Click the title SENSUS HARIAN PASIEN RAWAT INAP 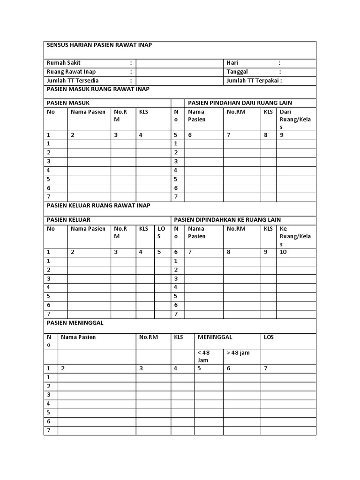pos(99,45)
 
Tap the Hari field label pos(232,63)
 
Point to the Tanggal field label pos(237,72)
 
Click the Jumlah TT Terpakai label pos(254,81)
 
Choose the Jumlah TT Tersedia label pos(73,81)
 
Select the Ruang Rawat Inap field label pos(71,72)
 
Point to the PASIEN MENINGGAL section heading pos(75,323)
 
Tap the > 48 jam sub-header pos(238,352)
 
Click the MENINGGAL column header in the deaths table pos(215,337)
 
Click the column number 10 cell pos(283,252)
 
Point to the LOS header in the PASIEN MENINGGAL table pos(269,337)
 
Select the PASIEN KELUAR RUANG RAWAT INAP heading pos(98,206)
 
